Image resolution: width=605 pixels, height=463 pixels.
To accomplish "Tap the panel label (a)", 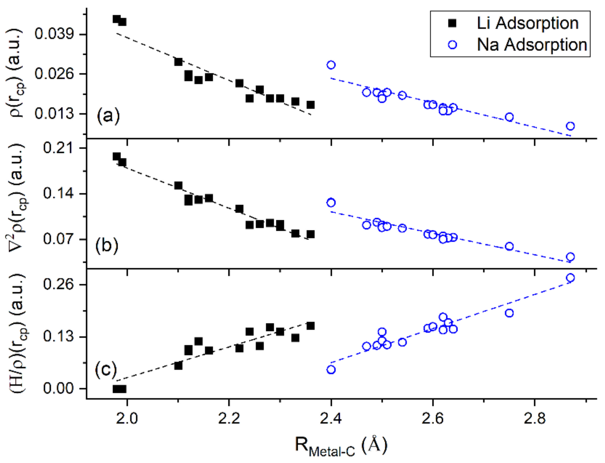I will pos(108,116).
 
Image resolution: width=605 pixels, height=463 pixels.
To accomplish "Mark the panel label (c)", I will pos(106,370).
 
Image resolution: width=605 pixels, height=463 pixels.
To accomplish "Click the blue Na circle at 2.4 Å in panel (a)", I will pos(331,65).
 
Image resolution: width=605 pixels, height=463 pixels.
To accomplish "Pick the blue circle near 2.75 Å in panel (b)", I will pos(509,246).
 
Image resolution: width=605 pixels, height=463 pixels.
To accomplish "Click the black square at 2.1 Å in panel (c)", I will pos(178,366).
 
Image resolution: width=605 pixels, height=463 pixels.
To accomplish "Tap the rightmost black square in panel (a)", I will pos(310,105).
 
